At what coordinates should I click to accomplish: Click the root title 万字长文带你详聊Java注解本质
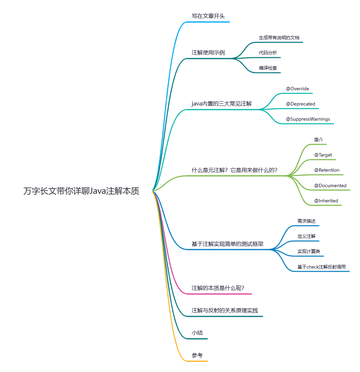pyautogui.click(x=81, y=191)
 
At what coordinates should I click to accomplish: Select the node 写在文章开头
pyautogui.click(x=208, y=16)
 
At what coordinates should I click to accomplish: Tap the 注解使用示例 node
pyautogui.click(x=208, y=53)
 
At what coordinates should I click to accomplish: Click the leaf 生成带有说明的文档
pyautogui.click(x=279, y=38)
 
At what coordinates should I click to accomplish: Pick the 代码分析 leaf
pyautogui.click(x=268, y=53)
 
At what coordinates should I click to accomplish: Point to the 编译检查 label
pyautogui.click(x=268, y=68)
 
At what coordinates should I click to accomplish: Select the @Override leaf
pyautogui.click(x=297, y=89)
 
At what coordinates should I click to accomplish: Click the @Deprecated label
pyautogui.click(x=300, y=104)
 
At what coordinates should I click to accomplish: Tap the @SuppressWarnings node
pyautogui.click(x=308, y=119)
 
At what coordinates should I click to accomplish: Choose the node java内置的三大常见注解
pyautogui.click(x=222, y=104)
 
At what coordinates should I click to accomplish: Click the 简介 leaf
pyautogui.click(x=319, y=140)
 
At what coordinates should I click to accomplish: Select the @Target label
pyautogui.click(x=323, y=155)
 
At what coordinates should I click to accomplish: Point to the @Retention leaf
pyautogui.click(x=327, y=170)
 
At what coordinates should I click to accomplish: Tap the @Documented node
pyautogui.click(x=330, y=185)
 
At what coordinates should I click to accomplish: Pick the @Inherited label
pyautogui.click(x=326, y=201)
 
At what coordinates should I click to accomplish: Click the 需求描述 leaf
pyautogui.click(x=307, y=221)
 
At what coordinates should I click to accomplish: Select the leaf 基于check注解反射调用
pyautogui.click(x=321, y=267)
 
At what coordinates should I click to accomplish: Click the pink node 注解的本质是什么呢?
pyautogui.click(x=218, y=288)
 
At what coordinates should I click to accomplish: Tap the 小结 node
pyautogui.click(x=197, y=333)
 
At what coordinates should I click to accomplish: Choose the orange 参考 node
pyautogui.click(x=197, y=355)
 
